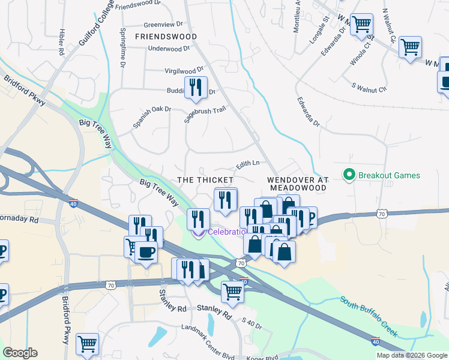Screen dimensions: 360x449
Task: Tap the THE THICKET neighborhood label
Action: (x=205, y=180)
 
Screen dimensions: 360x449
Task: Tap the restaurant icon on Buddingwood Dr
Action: (x=196, y=88)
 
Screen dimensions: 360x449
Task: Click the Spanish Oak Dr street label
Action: (x=152, y=118)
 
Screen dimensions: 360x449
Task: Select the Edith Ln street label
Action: (x=247, y=163)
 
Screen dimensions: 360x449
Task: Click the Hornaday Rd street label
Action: (x=19, y=220)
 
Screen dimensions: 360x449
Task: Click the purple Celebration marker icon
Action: (x=197, y=232)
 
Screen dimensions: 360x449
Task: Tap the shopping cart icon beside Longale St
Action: (x=362, y=25)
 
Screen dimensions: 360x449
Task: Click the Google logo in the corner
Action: (x=20, y=353)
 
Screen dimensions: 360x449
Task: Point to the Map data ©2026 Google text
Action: (x=411, y=355)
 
